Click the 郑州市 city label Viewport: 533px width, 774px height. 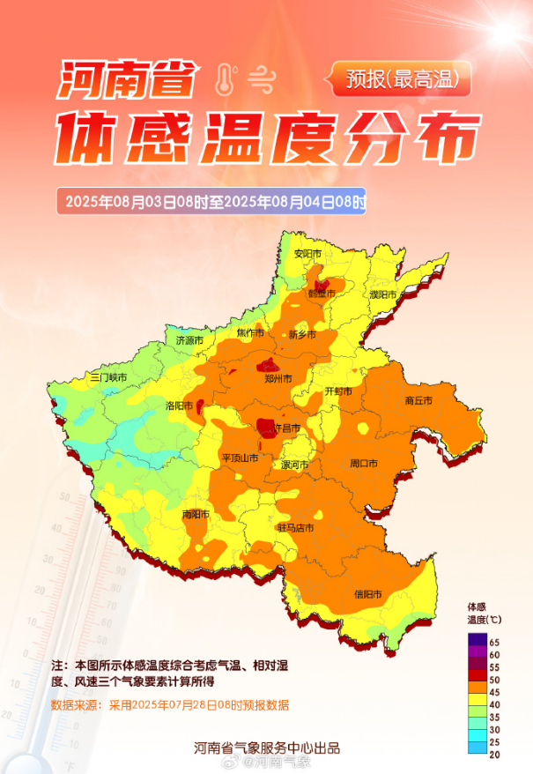click(279, 378)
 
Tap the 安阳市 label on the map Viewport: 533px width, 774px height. click(307, 254)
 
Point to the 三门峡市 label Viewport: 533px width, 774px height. click(108, 377)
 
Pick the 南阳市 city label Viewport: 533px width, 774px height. click(196, 515)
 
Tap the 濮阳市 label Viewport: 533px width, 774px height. click(383, 294)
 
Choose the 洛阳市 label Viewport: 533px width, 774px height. click(180, 406)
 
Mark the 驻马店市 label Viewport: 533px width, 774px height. click(296, 528)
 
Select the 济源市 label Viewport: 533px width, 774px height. click(189, 340)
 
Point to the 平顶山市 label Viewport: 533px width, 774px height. click(240, 458)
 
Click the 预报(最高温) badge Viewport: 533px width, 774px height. click(402, 80)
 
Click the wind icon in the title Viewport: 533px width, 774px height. click(260, 80)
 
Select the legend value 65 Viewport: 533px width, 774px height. click(495, 642)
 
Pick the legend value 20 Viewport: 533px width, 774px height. click(495, 754)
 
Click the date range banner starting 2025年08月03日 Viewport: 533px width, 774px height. click(211, 201)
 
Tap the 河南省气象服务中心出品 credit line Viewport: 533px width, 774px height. click(267, 748)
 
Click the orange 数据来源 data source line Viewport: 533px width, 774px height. click(170, 705)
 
